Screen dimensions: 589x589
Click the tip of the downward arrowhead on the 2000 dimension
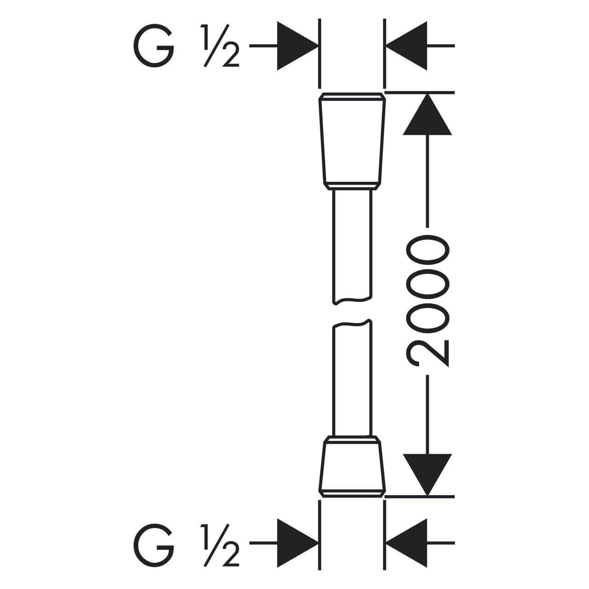coord(427,496)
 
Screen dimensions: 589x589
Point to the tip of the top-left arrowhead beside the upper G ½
coord(318,46)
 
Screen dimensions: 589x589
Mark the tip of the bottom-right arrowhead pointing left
coord(386,543)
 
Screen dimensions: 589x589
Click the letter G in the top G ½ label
coord(154,46)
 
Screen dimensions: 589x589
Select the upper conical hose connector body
coord(352,141)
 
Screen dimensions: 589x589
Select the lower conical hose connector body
coord(352,466)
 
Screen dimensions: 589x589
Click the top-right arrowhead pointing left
coord(406,46)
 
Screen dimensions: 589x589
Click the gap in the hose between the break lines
coord(352,312)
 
